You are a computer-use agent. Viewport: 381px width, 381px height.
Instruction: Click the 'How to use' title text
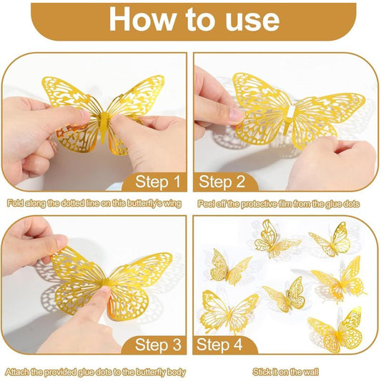tap(194, 19)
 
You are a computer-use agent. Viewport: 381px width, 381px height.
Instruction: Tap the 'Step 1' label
tap(158, 182)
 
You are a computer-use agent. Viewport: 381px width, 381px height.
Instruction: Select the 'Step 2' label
tap(222, 182)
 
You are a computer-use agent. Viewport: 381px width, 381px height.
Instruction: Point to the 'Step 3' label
tap(158, 345)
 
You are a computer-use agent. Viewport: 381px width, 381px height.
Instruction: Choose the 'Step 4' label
tap(219, 345)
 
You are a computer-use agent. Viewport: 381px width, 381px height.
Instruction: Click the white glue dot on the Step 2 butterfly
tap(292, 111)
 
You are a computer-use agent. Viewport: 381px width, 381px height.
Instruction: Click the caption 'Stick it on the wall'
tap(285, 372)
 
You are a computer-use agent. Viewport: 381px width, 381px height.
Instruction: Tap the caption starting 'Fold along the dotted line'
tap(94, 204)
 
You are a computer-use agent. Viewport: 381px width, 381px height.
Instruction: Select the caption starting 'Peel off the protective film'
tap(279, 204)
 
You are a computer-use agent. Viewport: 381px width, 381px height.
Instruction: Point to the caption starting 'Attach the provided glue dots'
tap(95, 372)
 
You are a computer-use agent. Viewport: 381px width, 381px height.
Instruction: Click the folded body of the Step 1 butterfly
tap(104, 125)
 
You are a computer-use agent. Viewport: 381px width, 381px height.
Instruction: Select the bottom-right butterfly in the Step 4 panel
tap(336, 334)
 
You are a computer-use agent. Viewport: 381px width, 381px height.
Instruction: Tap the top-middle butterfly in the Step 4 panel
tap(276, 239)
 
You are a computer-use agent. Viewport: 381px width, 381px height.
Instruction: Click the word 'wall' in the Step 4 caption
tap(312, 372)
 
